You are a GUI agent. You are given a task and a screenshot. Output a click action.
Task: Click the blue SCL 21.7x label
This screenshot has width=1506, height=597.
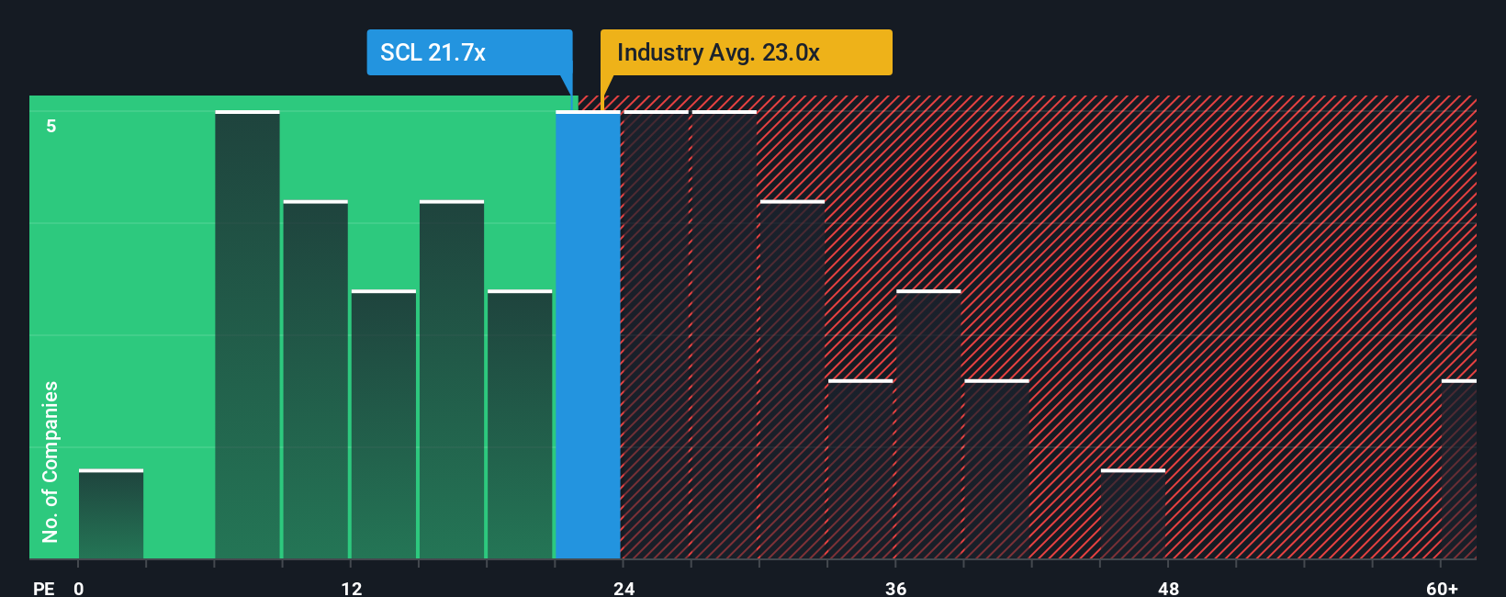click(x=468, y=52)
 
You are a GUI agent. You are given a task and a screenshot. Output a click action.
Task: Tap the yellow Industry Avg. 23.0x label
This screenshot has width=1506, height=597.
click(x=746, y=52)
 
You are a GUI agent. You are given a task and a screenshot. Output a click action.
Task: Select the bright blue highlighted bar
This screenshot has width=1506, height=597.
click(x=588, y=335)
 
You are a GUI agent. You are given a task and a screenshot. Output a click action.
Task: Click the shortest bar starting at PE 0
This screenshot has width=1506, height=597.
click(x=111, y=514)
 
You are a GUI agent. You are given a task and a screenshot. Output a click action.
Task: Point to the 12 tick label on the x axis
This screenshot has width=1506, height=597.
click(x=352, y=588)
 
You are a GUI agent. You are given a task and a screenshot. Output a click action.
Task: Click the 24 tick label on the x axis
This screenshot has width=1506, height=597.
click(x=624, y=588)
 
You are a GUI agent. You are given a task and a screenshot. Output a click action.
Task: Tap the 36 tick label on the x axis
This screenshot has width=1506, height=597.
click(x=896, y=588)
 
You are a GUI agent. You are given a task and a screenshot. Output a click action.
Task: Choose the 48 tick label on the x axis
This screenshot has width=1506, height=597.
click(x=1168, y=588)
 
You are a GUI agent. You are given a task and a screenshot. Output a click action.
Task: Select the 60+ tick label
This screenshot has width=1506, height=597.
click(x=1442, y=588)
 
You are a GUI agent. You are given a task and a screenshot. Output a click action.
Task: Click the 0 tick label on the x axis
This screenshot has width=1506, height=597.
click(x=79, y=588)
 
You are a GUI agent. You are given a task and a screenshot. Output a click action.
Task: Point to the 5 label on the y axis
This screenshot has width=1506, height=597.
click(x=51, y=126)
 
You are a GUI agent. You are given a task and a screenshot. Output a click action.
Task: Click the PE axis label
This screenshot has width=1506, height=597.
click(x=44, y=588)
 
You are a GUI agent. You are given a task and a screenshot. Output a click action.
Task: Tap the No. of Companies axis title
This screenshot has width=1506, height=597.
click(x=51, y=461)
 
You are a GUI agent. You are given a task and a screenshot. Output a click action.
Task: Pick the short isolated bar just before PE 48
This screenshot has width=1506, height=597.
click(x=1133, y=514)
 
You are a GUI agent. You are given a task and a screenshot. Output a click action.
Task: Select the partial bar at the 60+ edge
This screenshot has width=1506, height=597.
click(x=1458, y=469)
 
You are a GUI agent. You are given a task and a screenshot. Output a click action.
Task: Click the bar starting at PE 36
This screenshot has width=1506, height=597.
click(x=928, y=424)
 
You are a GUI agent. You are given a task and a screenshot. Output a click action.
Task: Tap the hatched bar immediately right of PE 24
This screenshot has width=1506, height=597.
click(x=656, y=335)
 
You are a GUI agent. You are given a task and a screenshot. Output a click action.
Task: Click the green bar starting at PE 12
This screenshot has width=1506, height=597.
click(x=384, y=424)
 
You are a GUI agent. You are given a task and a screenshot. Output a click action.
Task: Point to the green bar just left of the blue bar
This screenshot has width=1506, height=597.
click(x=520, y=424)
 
